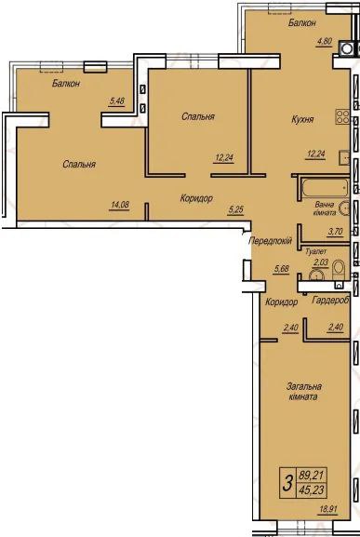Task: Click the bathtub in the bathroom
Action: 325,187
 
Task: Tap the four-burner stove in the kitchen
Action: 342,116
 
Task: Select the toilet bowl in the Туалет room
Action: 340,268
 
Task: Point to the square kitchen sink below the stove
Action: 344,158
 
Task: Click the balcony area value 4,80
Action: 325,42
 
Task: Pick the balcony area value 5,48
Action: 116,101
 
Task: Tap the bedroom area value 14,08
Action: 120,205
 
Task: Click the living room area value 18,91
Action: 327,509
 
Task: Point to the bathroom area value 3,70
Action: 336,232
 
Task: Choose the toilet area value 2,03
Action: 321,262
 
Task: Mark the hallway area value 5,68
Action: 281,269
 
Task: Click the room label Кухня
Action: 302,119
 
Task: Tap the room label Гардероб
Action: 330,301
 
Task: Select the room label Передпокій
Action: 271,240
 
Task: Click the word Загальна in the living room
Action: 304,386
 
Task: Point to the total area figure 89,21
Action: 312,476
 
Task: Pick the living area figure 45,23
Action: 312,490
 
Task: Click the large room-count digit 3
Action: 288,483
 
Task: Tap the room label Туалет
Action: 316,251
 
